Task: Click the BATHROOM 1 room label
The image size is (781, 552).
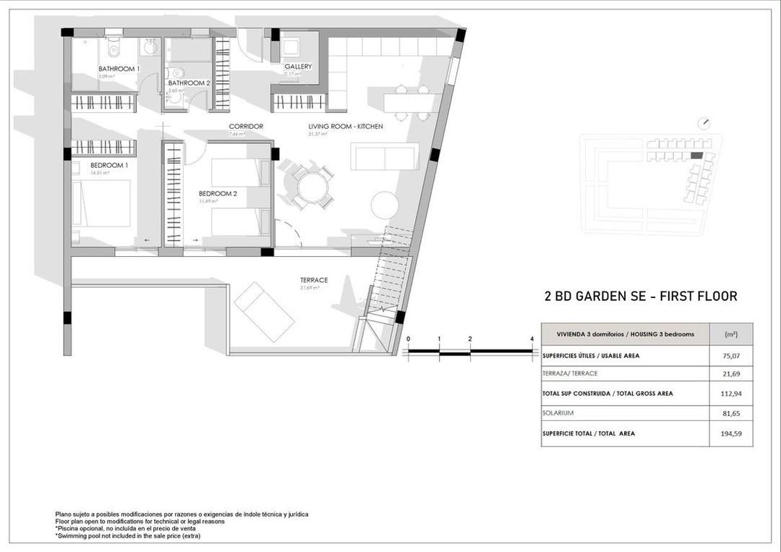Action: coord(119,69)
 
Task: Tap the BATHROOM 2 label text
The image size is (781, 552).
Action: coord(189,83)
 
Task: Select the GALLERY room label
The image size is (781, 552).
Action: coord(298,67)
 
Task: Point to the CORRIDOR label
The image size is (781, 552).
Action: coord(246,127)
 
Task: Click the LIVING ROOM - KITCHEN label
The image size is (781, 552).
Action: coord(346,127)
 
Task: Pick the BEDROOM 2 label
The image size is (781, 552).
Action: coord(218,193)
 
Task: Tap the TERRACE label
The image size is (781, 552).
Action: coord(314,280)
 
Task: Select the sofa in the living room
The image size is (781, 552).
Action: coord(383,156)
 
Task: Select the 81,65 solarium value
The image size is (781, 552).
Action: coord(731,413)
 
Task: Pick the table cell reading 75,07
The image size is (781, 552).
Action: coord(731,356)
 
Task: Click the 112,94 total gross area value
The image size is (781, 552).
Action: coord(731,394)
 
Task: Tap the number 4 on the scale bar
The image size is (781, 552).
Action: coord(532,339)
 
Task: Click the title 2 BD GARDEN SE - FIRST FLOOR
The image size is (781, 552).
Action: coord(640,296)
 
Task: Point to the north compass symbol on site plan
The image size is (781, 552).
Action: coord(706,123)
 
